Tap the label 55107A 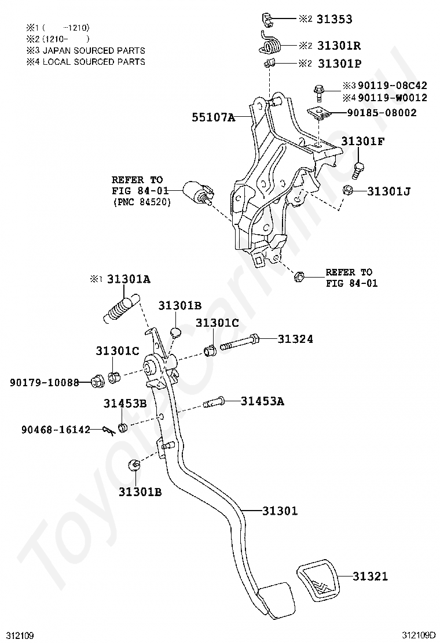(x=214, y=118)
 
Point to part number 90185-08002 (x=382, y=113)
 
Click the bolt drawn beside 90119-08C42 (x=318, y=90)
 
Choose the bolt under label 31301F (x=357, y=169)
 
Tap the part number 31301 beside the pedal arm (x=280, y=511)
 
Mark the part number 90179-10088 (x=44, y=382)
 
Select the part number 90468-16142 (x=56, y=429)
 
